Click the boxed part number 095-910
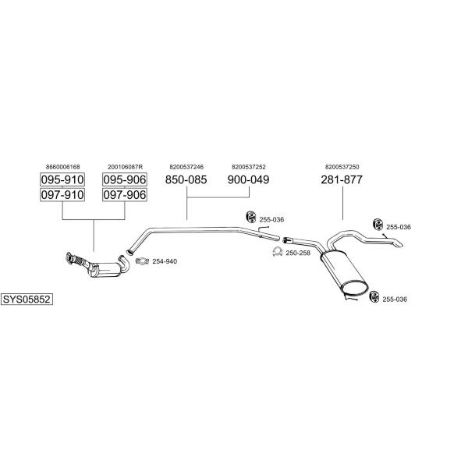tap(62, 179)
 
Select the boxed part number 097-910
tap(62, 194)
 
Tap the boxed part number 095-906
tap(125, 179)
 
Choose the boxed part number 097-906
tap(125, 194)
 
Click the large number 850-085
tap(186, 179)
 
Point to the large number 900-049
tap(248, 179)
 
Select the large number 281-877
tap(342, 179)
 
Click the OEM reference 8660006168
tap(63, 167)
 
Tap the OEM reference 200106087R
tap(126, 167)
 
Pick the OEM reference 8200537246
tap(186, 167)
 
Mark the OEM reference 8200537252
tap(249, 167)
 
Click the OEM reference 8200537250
tap(342, 167)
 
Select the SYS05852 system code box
tap(27, 299)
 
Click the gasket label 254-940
tap(165, 261)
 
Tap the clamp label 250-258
tap(298, 253)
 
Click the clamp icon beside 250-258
tap(278, 252)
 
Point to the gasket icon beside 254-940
tap(142, 261)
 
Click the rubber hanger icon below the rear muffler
tap(374, 296)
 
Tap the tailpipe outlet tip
tap(399, 244)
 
